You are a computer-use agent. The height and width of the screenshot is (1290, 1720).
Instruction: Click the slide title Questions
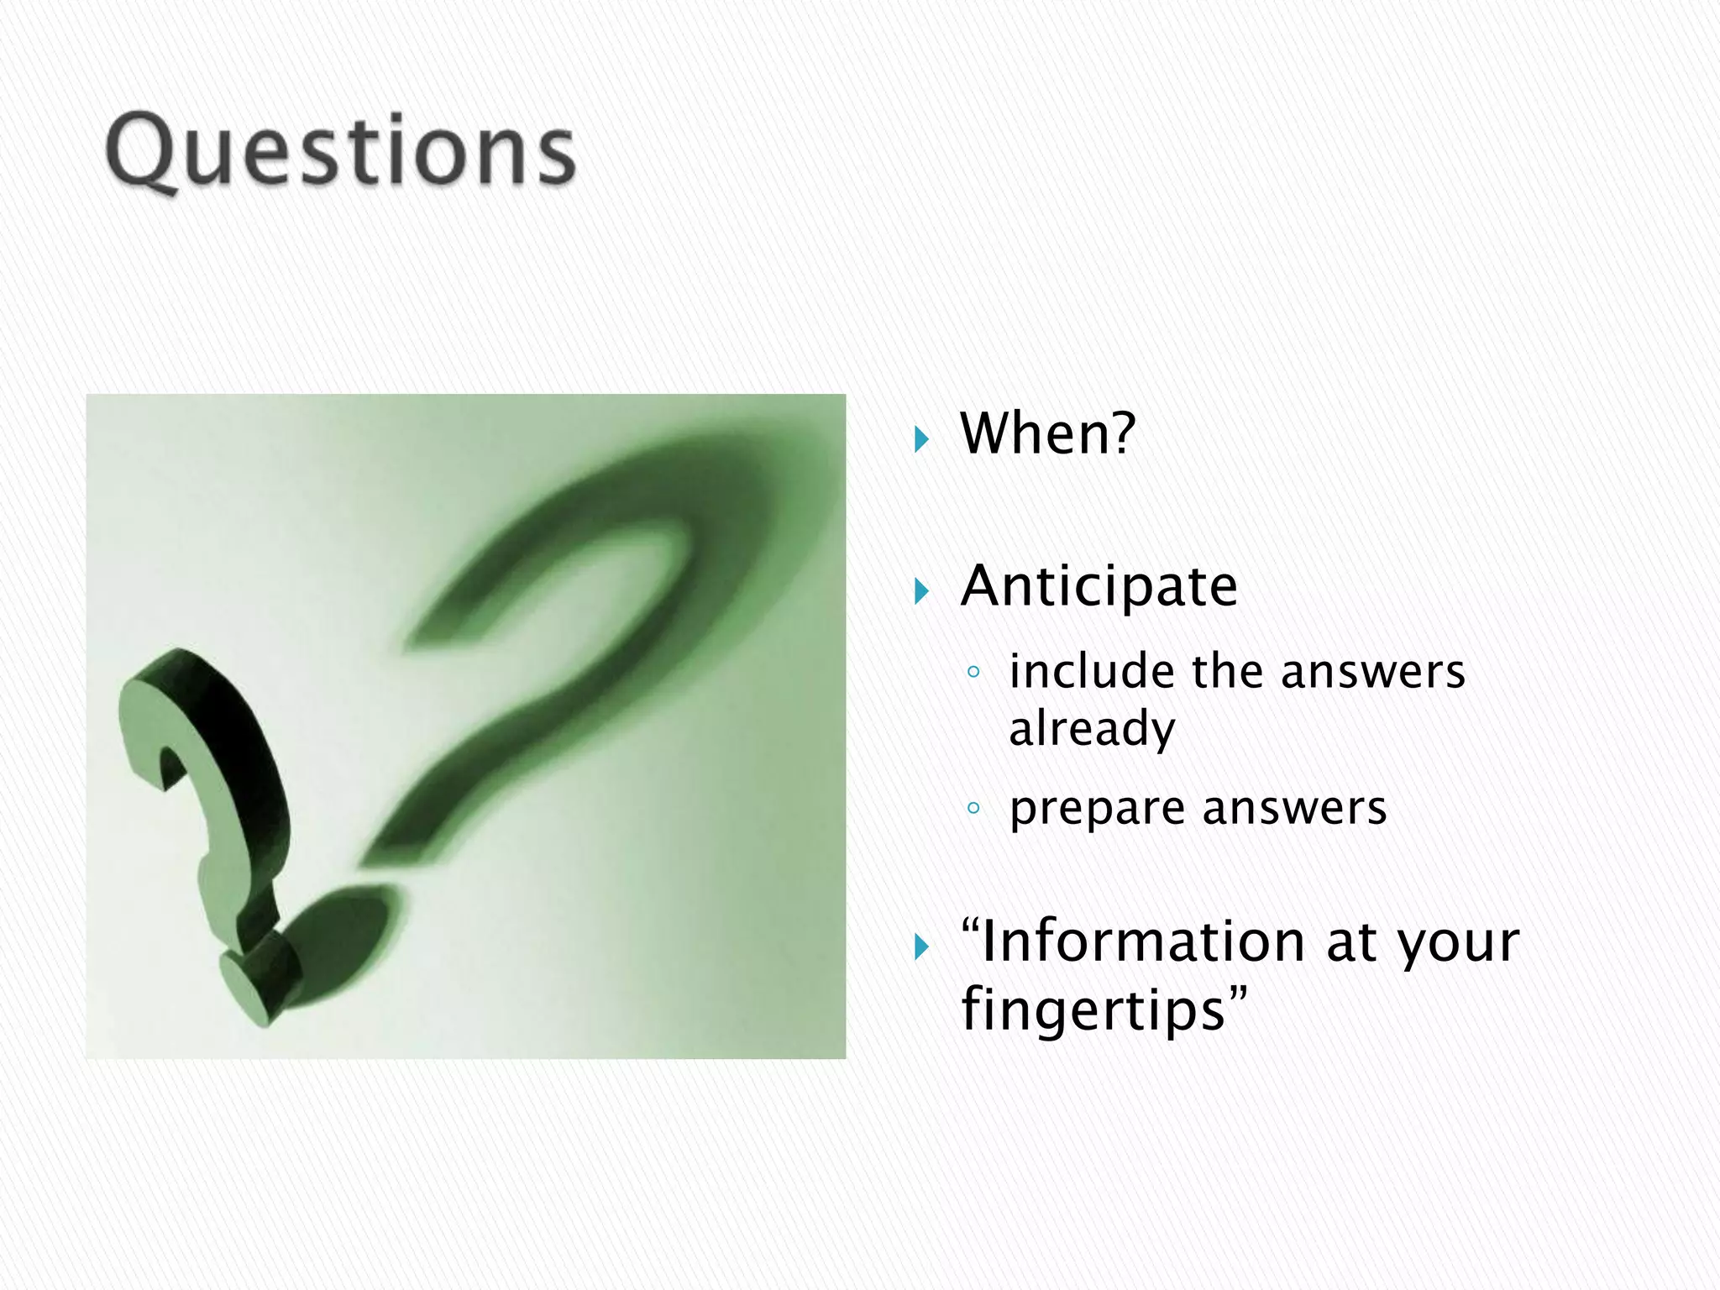(x=340, y=151)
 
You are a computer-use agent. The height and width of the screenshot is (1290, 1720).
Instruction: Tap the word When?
(x=1047, y=434)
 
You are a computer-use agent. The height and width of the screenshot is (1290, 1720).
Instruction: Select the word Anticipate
(x=1099, y=586)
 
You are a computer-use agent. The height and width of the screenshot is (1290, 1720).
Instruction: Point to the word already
(x=1091, y=729)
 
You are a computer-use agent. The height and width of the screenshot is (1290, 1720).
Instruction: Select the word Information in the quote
(x=1143, y=941)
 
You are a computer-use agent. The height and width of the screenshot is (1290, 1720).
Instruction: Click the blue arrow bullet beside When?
(x=921, y=438)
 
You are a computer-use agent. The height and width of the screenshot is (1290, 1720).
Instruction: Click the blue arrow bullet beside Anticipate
(x=921, y=591)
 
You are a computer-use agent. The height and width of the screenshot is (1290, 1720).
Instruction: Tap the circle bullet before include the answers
(x=973, y=672)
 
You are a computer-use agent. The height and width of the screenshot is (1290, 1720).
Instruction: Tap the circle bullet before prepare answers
(x=973, y=809)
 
